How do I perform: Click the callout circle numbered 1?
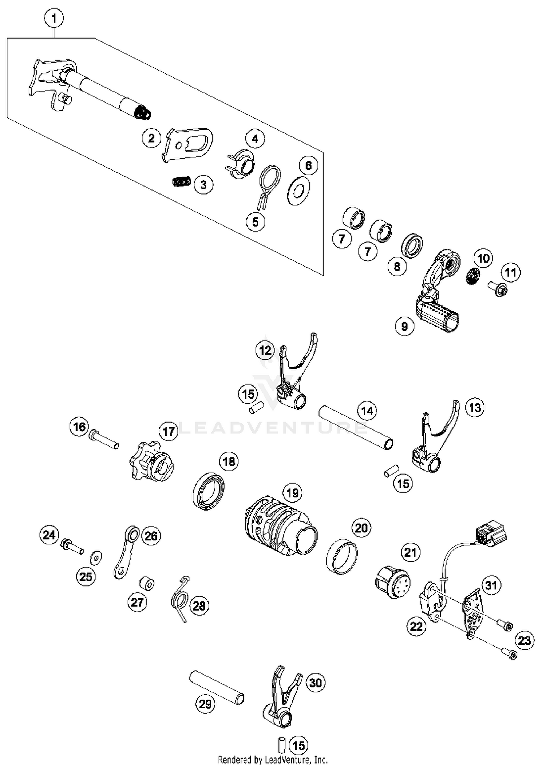54,18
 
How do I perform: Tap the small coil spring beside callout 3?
181,181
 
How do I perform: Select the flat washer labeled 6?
298,191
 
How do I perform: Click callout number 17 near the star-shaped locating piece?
169,431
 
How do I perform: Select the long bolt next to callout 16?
104,439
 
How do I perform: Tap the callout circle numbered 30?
316,683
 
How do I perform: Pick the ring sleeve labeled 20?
341,557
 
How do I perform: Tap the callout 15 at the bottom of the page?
298,745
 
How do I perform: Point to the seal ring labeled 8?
412,246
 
